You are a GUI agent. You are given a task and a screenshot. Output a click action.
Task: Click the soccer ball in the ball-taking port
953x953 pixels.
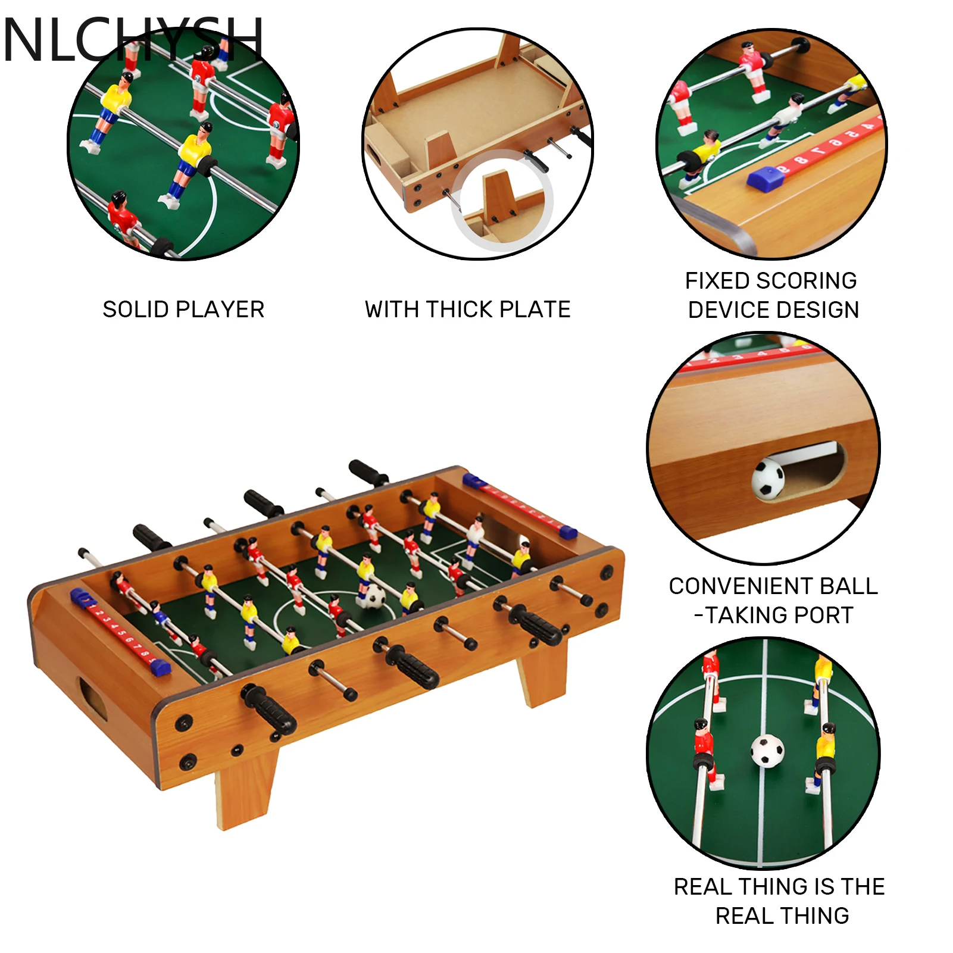pos(768,478)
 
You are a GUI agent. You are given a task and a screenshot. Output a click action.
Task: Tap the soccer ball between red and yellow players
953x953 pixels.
pos(767,751)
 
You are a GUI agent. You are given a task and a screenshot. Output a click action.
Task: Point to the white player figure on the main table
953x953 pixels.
pos(475,535)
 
